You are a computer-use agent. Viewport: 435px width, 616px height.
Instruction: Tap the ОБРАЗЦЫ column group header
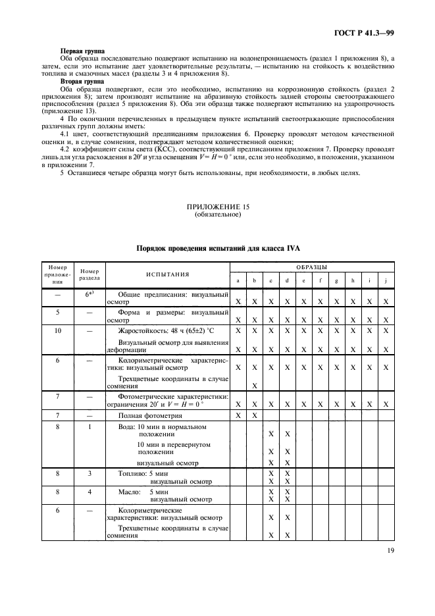tap(312, 267)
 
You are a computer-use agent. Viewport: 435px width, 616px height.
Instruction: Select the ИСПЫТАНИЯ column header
tap(167, 274)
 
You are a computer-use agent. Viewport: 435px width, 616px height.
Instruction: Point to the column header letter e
tap(303, 281)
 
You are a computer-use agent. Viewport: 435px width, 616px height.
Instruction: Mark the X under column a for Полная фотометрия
tap(238, 417)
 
